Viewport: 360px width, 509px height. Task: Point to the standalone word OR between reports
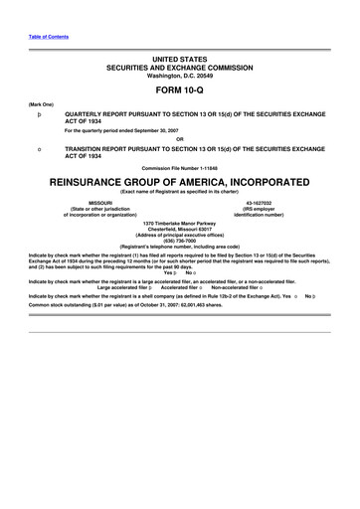(x=180, y=137)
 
